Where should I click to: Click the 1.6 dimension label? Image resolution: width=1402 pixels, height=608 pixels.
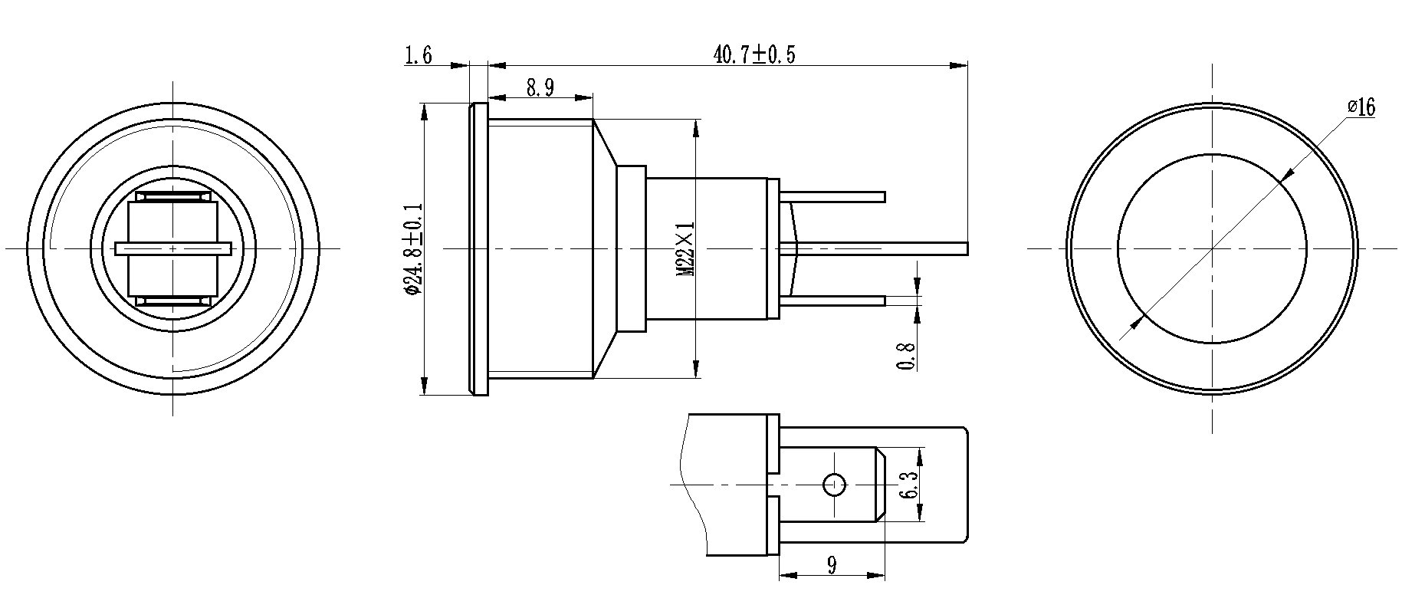pyautogui.click(x=419, y=55)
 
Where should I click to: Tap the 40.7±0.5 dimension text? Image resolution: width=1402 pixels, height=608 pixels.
pyautogui.click(x=755, y=54)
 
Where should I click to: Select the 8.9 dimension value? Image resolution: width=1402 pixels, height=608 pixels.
pyautogui.click(x=540, y=88)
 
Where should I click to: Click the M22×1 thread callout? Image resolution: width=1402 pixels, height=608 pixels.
pyautogui.click(x=685, y=249)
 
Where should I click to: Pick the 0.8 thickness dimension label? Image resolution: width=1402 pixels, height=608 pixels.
pyautogui.click(x=906, y=356)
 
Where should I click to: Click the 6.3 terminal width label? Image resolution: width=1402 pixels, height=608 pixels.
pyautogui.click(x=909, y=485)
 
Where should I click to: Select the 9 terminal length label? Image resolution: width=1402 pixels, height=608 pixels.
pyautogui.click(x=832, y=565)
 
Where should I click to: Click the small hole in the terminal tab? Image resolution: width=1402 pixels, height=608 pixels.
pyautogui.click(x=834, y=485)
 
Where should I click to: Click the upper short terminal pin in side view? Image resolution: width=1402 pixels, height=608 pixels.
pyautogui.click(x=836, y=197)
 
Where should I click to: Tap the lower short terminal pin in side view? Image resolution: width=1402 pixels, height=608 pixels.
pyautogui.click(x=836, y=301)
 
